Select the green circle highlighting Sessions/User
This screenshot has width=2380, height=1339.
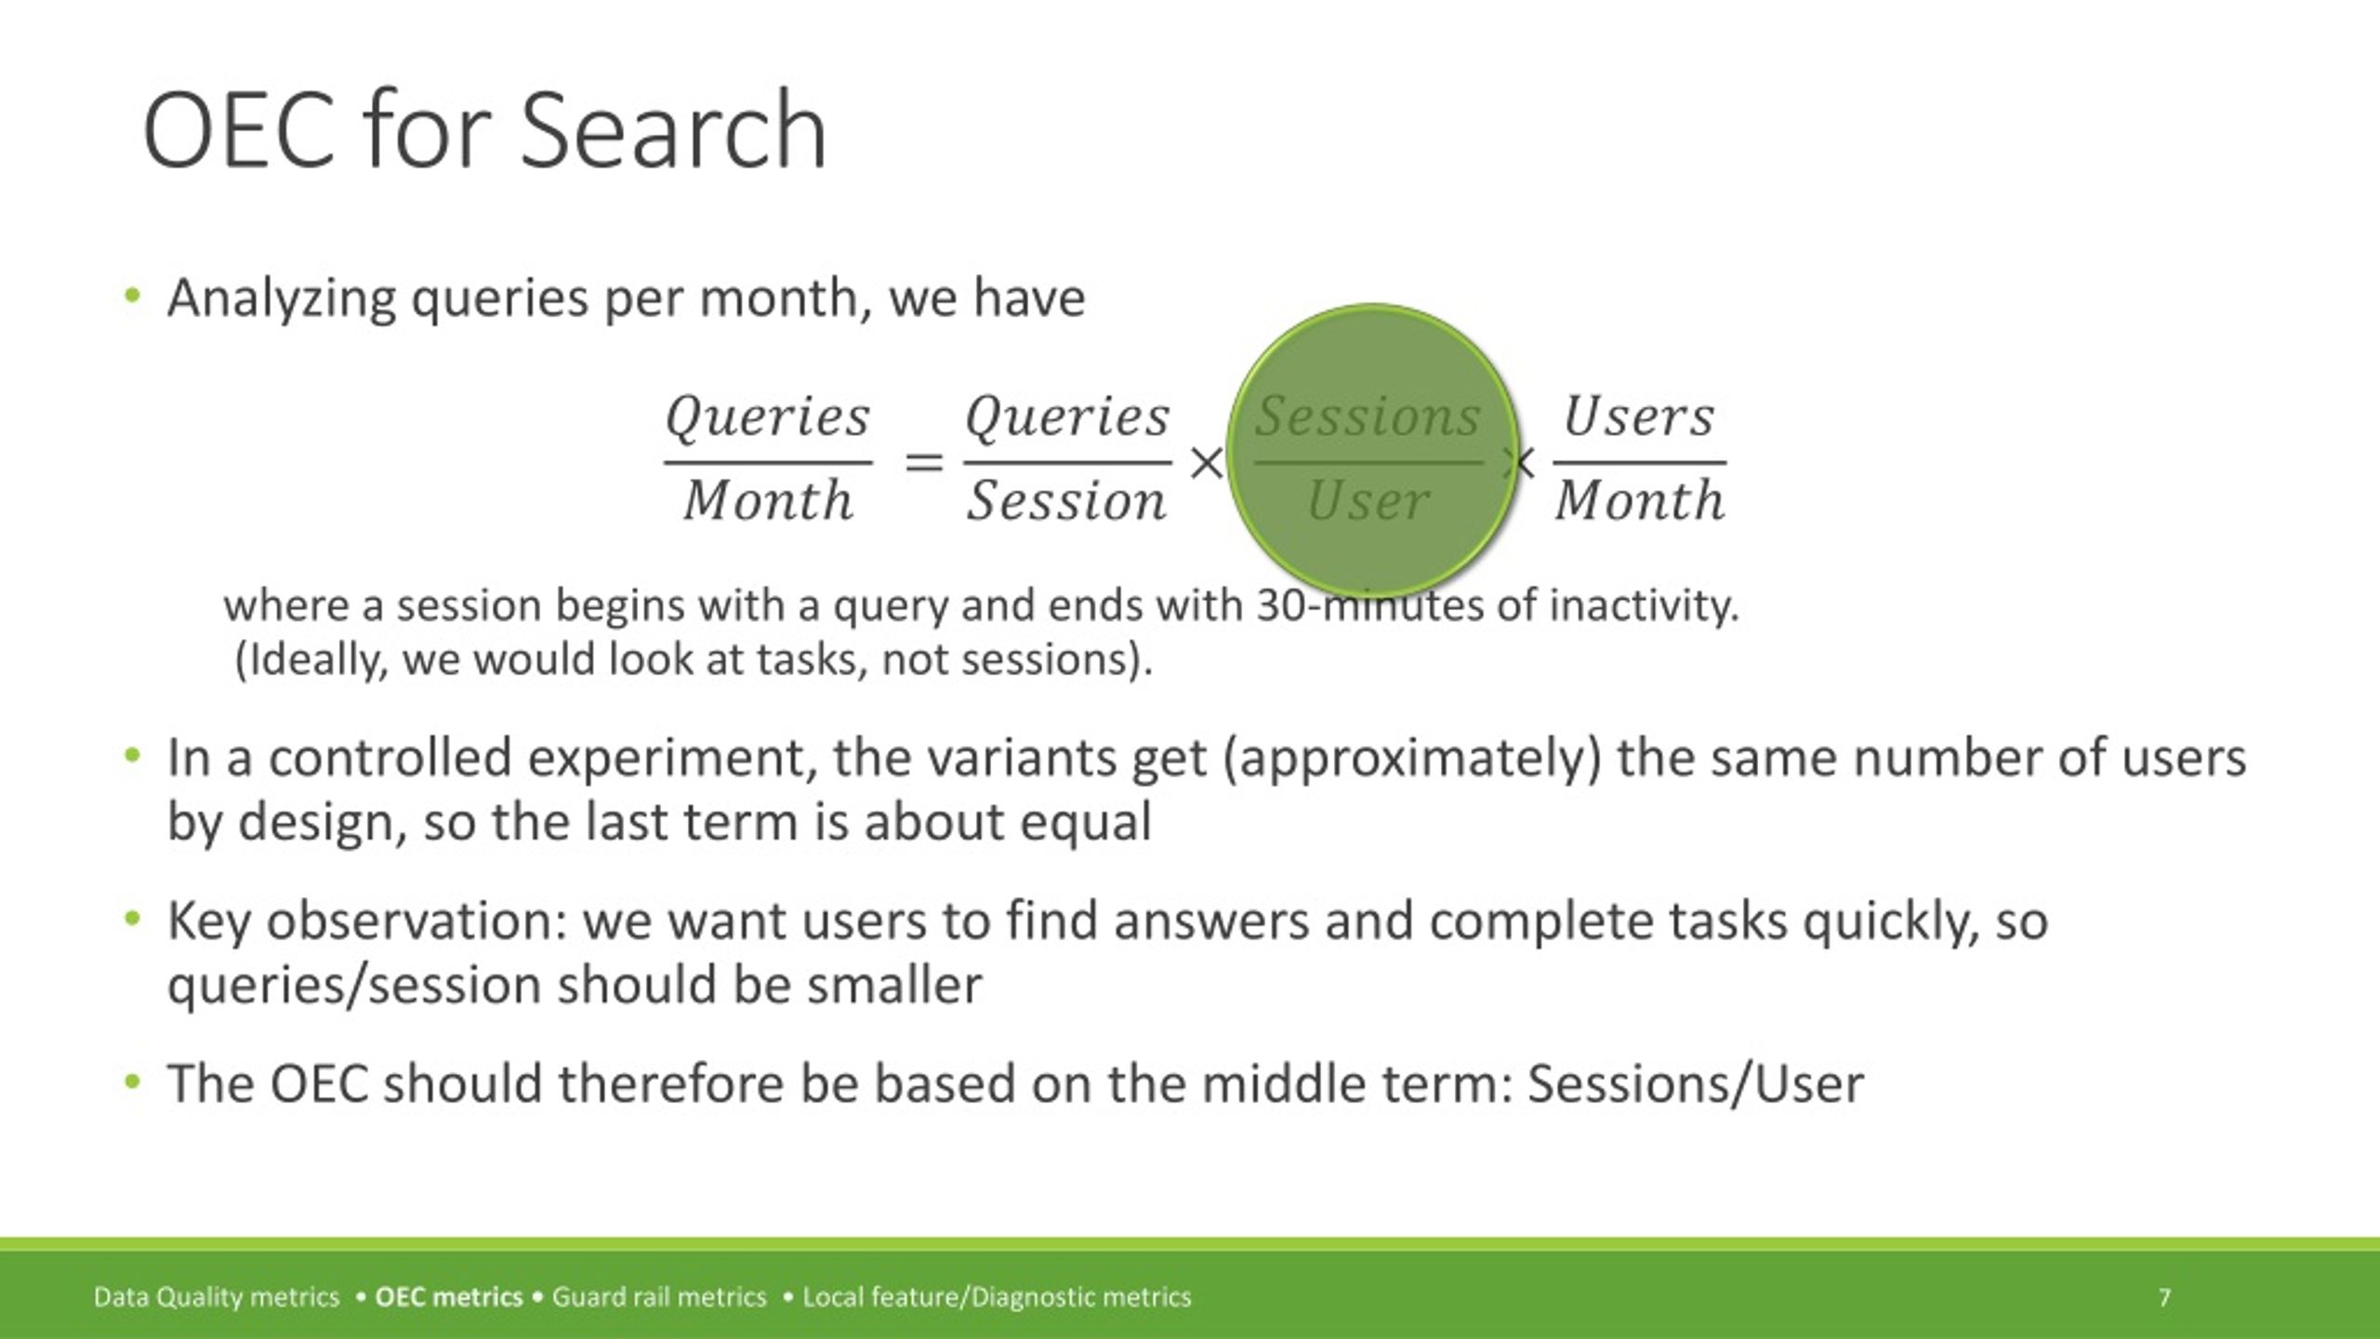1373,451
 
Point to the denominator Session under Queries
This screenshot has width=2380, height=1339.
1066,501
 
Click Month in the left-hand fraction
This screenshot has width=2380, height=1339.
768,500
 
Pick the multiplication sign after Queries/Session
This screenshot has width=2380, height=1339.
1206,462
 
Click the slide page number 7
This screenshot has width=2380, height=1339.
2165,1297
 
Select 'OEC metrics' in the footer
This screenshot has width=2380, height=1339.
449,1297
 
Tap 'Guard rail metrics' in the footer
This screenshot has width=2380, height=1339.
659,1297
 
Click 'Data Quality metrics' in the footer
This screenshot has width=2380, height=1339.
217,1297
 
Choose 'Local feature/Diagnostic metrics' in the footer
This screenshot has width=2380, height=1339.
997,1297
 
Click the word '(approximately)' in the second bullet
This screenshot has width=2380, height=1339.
1412,759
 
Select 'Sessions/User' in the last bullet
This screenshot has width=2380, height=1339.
1696,1084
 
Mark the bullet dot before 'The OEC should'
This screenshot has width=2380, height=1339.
132,1081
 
